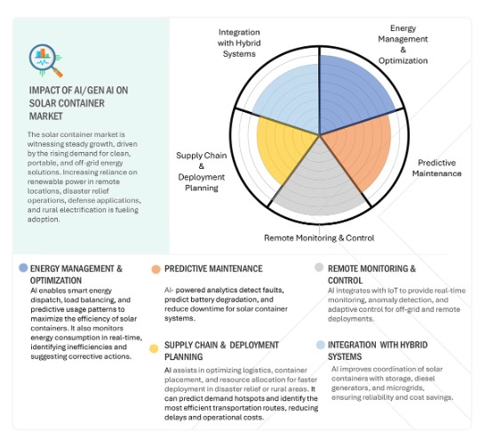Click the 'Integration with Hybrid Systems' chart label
pyautogui.click(x=239, y=43)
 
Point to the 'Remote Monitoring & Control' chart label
pyautogui.click(x=319, y=237)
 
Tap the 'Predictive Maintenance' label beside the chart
pyautogui.click(x=436, y=168)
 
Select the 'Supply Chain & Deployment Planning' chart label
pyautogui.click(x=202, y=172)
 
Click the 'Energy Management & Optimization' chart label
pyautogui.click(x=403, y=44)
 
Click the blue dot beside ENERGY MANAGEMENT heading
pyautogui.click(x=23, y=268)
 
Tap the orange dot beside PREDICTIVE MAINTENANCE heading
pyautogui.click(x=156, y=269)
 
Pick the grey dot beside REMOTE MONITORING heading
pyautogui.click(x=319, y=268)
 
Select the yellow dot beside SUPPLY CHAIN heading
pyautogui.click(x=154, y=348)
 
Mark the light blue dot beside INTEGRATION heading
pyautogui.click(x=321, y=345)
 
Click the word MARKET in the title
pyautogui.click(x=46, y=116)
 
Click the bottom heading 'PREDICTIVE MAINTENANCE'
pyautogui.click(x=213, y=268)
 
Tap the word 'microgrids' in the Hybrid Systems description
pyautogui.click(x=405, y=388)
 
